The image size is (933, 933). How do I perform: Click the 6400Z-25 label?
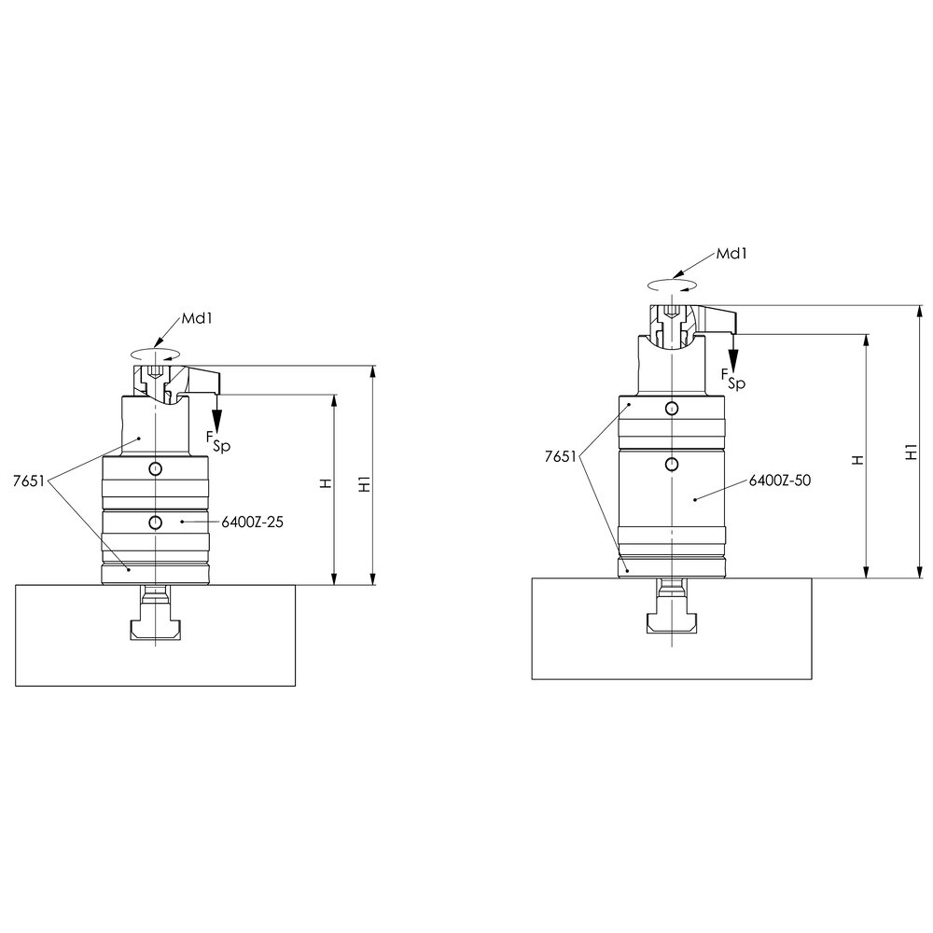[x=252, y=522]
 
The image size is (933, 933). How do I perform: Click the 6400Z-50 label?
[x=779, y=480]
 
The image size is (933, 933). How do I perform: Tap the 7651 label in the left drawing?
[x=29, y=481]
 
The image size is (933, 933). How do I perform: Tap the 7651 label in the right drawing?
[x=561, y=456]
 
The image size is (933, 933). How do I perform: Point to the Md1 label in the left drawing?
[x=197, y=318]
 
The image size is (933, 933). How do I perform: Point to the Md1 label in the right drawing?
[x=731, y=254]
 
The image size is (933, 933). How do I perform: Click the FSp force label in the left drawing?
[x=217, y=441]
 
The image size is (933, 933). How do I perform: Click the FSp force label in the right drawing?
[x=733, y=379]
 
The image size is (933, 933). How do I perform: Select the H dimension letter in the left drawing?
[x=326, y=483]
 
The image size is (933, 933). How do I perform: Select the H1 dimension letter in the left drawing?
[x=365, y=484]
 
